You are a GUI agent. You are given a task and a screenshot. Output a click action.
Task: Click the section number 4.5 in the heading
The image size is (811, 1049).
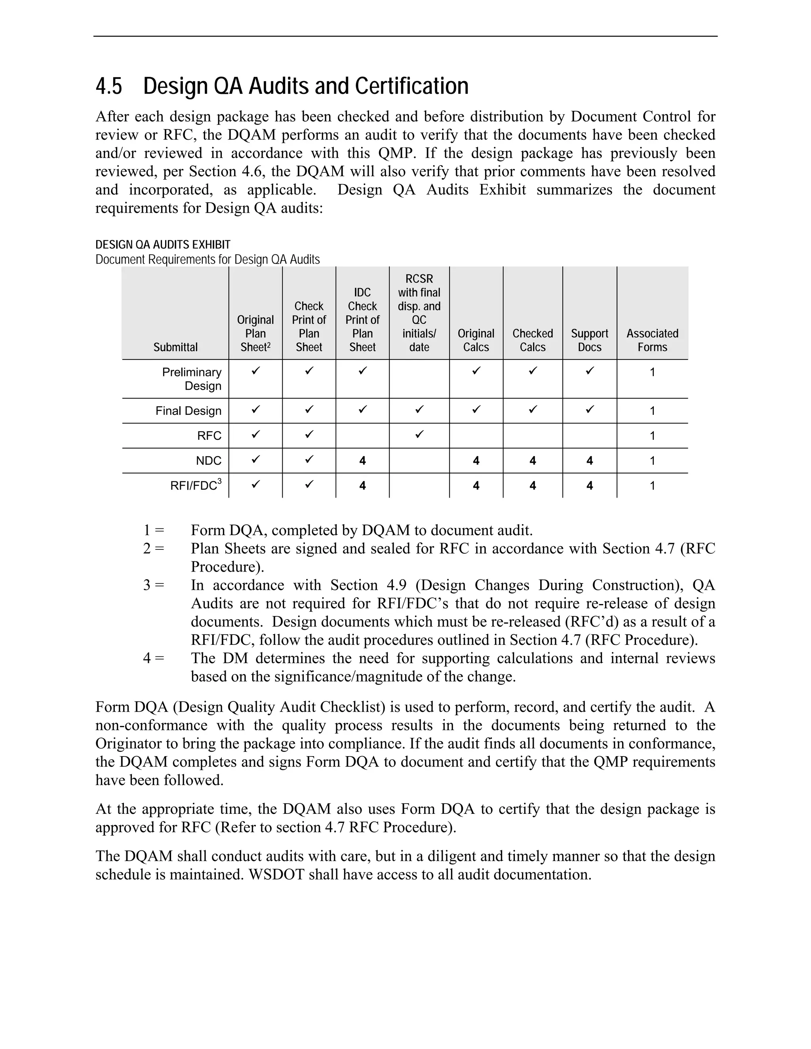click(x=109, y=86)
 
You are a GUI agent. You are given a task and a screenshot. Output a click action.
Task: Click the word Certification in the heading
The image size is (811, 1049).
click(x=412, y=86)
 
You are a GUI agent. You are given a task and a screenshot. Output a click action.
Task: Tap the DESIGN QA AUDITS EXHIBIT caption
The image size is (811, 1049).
click(x=163, y=245)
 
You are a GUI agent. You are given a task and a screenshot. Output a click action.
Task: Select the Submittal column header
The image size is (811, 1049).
click(x=175, y=347)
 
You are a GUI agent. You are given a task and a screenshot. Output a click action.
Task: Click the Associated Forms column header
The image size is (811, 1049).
click(x=652, y=340)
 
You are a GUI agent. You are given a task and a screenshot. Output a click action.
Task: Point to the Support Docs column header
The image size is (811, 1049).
click(x=590, y=340)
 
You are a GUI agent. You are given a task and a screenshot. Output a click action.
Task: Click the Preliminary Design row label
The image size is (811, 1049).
click(x=192, y=379)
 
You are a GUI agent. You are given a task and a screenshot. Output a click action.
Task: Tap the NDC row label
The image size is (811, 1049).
click(x=209, y=461)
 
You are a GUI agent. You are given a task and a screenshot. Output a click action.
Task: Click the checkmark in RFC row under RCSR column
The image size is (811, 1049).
click(x=419, y=435)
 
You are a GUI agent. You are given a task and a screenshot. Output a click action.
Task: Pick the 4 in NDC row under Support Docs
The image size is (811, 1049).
click(x=590, y=461)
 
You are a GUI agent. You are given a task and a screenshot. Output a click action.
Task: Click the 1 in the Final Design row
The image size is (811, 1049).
click(x=652, y=410)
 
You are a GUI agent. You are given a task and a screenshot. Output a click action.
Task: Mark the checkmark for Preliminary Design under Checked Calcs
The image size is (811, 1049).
click(x=532, y=371)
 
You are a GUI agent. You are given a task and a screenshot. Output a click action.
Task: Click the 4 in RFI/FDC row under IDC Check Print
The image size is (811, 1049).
click(x=362, y=486)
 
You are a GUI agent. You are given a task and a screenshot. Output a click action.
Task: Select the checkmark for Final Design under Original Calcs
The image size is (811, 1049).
click(x=476, y=410)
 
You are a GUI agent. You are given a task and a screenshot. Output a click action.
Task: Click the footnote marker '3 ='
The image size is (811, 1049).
click(x=153, y=585)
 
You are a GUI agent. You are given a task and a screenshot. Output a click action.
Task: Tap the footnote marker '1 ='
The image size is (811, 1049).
click(x=153, y=531)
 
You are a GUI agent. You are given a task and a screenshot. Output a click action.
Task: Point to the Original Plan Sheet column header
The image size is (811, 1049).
click(x=255, y=333)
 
